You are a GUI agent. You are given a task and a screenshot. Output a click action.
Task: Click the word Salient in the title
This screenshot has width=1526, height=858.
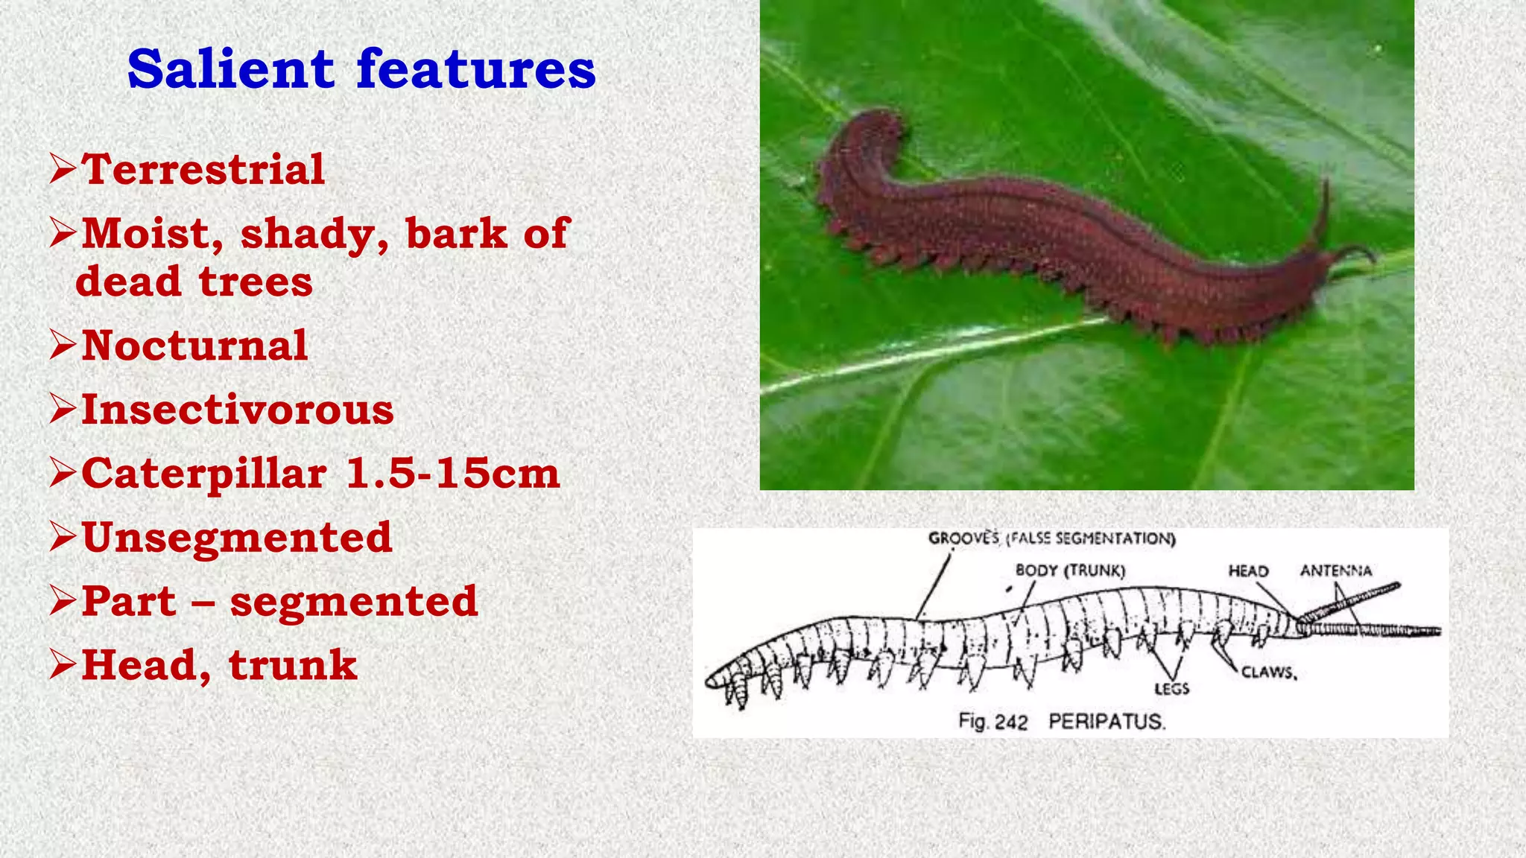click(231, 69)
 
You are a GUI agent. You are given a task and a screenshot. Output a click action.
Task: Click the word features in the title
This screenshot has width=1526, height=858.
click(476, 69)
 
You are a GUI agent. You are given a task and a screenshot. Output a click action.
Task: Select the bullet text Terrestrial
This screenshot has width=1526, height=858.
click(203, 169)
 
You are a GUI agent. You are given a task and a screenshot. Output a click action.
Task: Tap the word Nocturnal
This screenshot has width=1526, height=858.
click(194, 346)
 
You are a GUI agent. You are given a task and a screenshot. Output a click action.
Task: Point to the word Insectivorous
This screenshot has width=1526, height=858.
click(237, 410)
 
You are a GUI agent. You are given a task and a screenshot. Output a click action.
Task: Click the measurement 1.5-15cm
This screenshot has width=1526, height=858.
click(453, 474)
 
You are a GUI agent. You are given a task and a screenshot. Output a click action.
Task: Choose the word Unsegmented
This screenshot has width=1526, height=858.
click(236, 537)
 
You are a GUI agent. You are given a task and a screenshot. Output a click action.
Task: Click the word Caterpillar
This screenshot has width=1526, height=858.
click(204, 474)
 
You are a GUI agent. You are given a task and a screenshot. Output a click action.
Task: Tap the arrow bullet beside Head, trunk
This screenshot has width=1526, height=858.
click(63, 665)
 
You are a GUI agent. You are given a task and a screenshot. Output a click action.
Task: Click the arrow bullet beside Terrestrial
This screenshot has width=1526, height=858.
click(63, 169)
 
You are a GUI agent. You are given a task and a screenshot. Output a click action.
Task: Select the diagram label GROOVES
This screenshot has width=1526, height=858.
click(963, 538)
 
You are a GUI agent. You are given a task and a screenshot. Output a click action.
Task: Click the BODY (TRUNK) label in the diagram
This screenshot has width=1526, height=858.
click(1070, 571)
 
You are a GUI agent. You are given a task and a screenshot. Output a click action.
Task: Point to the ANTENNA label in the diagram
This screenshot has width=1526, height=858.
click(1336, 571)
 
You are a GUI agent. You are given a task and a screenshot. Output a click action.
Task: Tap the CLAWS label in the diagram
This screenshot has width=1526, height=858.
click(1269, 673)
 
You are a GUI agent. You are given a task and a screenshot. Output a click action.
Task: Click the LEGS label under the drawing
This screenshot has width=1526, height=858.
click(1171, 689)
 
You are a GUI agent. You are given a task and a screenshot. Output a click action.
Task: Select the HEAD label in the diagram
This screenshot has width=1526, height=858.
click(1248, 571)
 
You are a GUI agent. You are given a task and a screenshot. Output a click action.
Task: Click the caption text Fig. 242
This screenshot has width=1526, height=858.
click(992, 722)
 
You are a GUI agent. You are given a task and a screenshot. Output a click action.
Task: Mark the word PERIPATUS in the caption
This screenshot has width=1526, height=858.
click(1106, 722)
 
